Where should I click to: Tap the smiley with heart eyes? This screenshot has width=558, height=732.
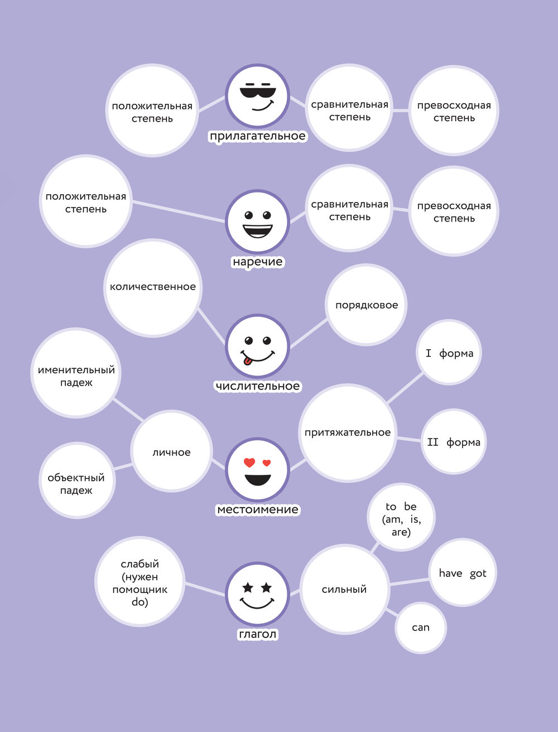[257, 469]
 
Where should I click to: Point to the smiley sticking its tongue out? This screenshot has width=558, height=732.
[257, 346]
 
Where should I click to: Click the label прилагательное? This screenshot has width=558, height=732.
[257, 136]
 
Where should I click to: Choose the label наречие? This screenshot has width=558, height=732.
[257, 262]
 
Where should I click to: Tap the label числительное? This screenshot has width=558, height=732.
[257, 386]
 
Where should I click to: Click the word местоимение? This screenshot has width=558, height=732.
[257, 509]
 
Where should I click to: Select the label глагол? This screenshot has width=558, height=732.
[257, 634]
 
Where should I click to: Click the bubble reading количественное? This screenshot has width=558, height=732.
[153, 287]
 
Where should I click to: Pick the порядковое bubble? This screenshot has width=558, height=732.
[367, 305]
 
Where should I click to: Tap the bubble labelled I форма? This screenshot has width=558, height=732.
[449, 353]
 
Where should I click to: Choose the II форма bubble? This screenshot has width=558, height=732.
[453, 442]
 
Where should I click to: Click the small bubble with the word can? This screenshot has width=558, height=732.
[421, 628]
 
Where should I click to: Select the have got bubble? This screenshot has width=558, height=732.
[462, 573]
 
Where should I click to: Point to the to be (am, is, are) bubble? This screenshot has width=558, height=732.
[401, 518]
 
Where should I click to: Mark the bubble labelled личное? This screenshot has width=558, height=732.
[172, 452]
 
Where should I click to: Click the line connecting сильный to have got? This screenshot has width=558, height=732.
[409, 581]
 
